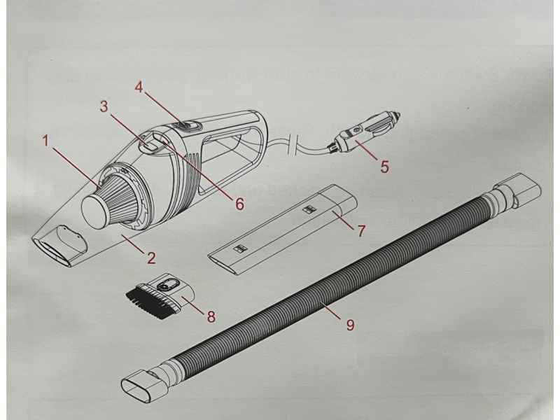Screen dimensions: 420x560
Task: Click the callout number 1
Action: pyautogui.click(x=45, y=141)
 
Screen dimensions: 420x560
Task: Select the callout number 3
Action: pyautogui.click(x=104, y=106)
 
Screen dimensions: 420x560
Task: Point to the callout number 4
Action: pyautogui.click(x=139, y=88)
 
